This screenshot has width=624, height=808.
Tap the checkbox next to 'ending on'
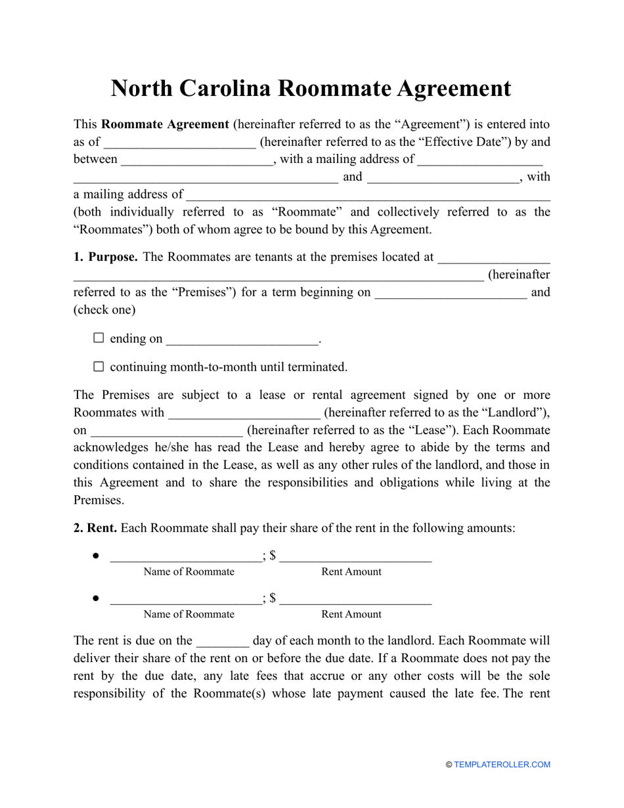coord(99,338)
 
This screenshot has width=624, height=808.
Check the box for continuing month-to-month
coord(99,367)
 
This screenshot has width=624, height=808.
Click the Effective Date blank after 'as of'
coord(180,143)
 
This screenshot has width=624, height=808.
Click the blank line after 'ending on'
coord(242,340)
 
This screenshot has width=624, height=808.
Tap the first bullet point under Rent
coord(96,556)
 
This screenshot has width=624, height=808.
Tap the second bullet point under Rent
coord(96,598)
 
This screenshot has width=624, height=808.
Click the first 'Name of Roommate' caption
coord(189,572)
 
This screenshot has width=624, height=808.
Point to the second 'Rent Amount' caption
coord(351,614)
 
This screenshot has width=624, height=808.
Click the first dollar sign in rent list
coord(272,556)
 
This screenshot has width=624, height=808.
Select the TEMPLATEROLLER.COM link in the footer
coord(502,765)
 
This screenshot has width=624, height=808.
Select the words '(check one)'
coord(104,309)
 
